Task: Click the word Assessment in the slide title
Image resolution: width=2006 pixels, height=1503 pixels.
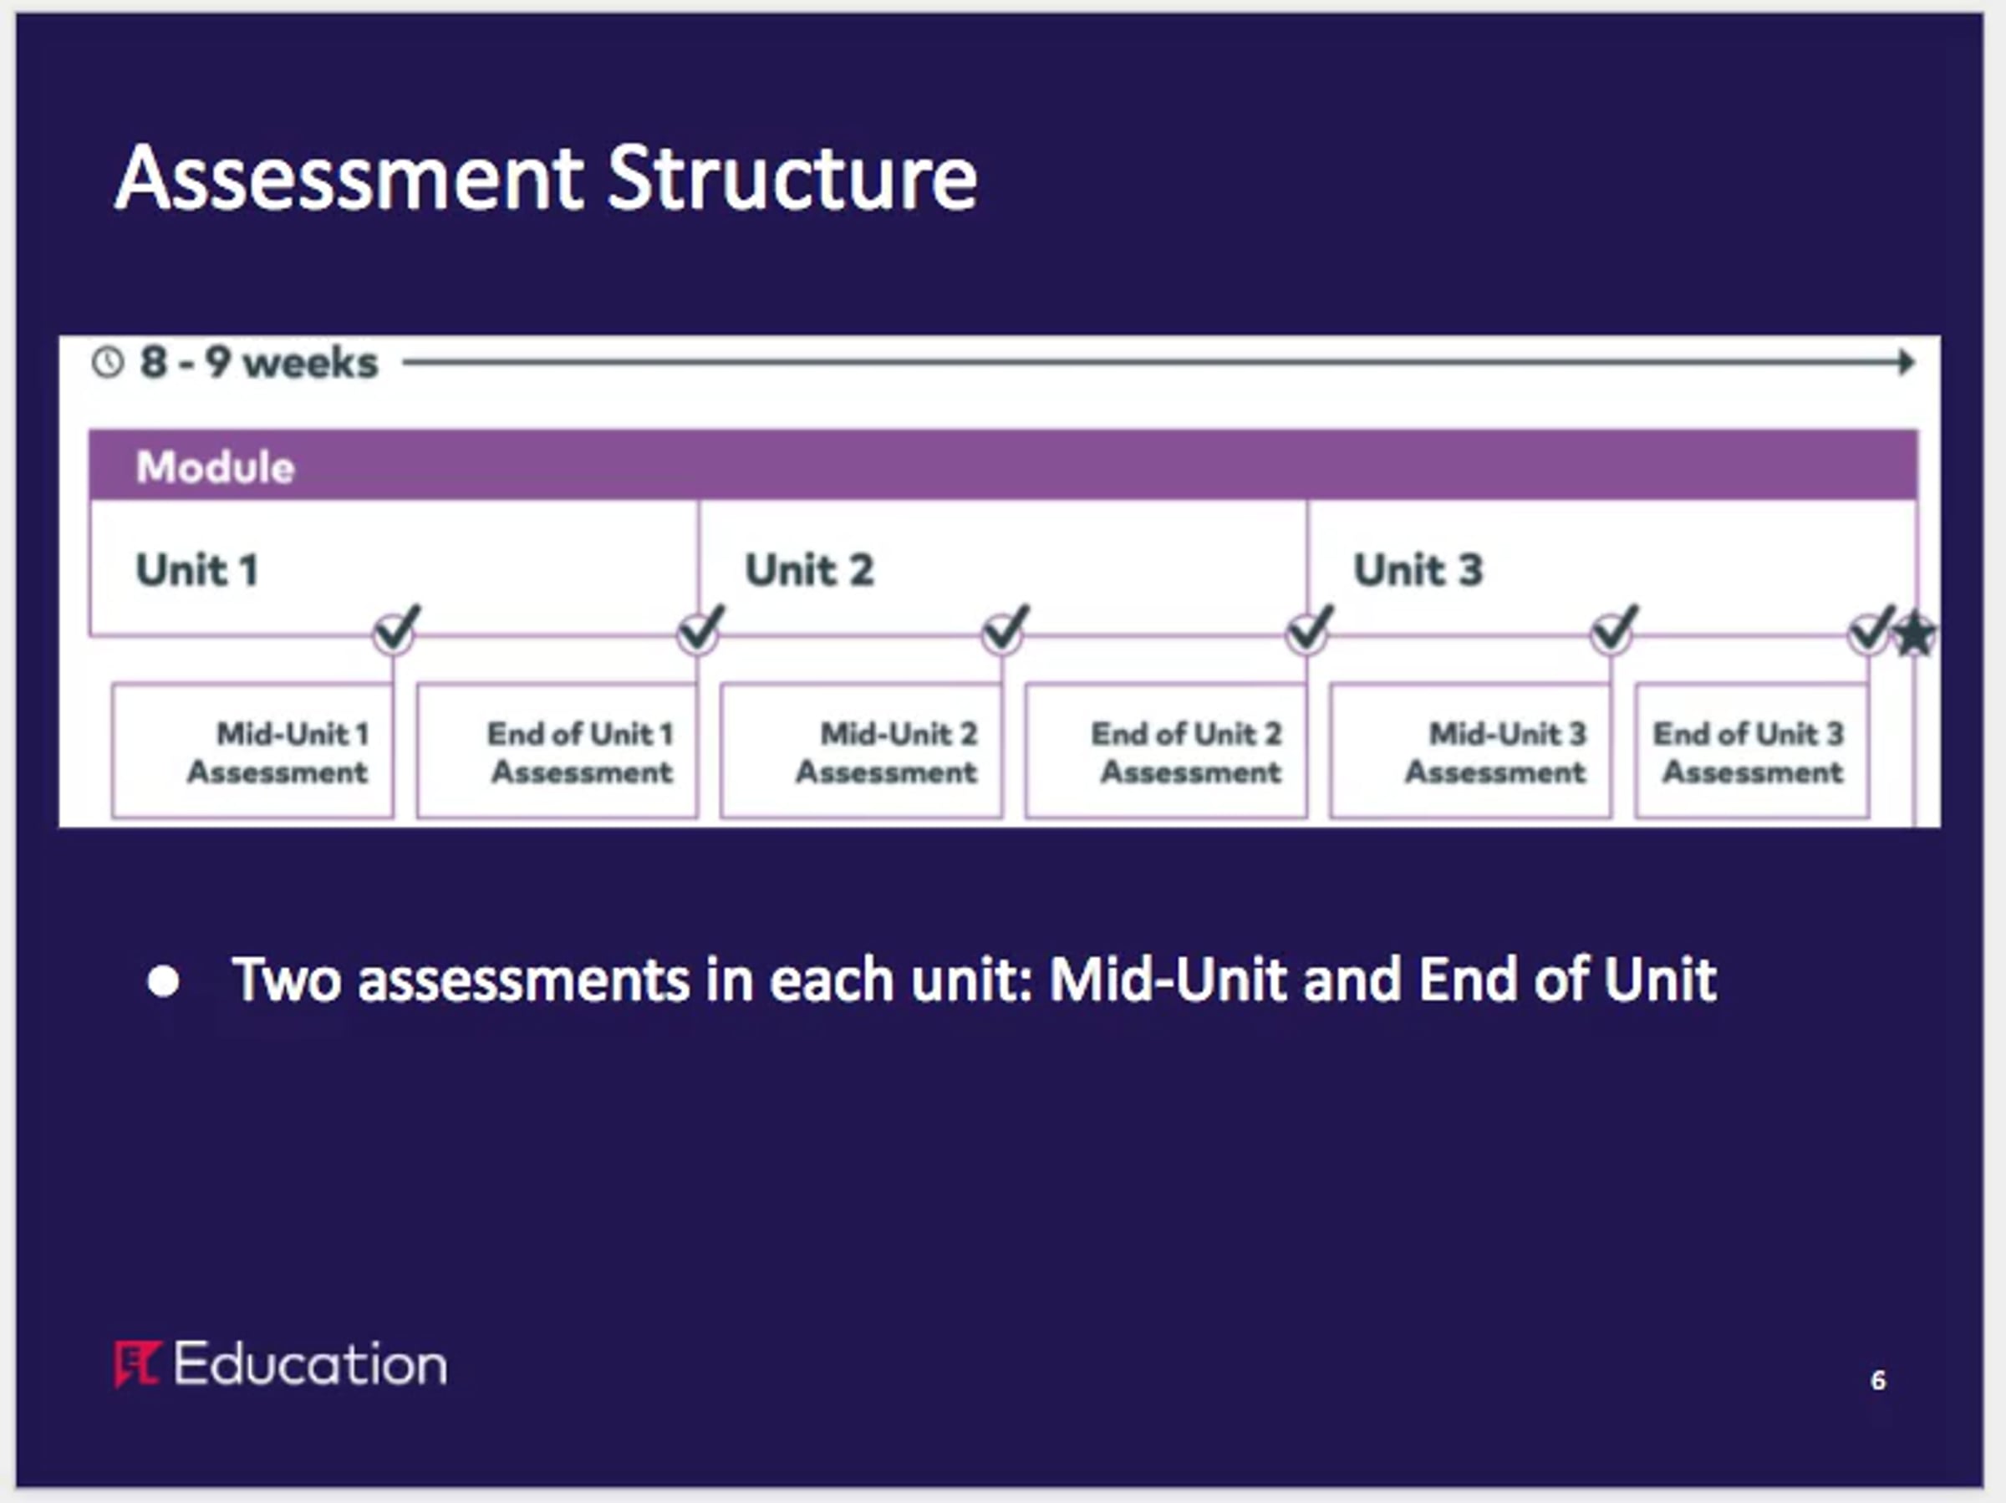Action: [350, 178]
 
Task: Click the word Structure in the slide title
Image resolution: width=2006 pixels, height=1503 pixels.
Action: [792, 178]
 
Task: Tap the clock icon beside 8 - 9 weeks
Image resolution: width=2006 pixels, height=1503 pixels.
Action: [108, 363]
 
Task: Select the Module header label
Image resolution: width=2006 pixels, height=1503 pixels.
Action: [215, 467]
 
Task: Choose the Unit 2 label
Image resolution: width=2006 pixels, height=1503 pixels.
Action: [809, 569]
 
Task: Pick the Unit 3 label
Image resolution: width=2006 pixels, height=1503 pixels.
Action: [1418, 569]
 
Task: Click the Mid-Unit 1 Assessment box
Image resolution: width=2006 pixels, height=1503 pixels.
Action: [253, 751]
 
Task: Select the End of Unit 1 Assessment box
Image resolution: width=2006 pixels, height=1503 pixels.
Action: [558, 751]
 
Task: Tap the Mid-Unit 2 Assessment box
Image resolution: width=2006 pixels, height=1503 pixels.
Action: [862, 751]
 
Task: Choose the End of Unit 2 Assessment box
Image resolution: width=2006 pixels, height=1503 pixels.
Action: [1166, 751]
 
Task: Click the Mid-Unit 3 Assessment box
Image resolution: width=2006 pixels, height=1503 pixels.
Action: [1471, 751]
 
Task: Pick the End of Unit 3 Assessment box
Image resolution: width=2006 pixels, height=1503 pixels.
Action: [1752, 751]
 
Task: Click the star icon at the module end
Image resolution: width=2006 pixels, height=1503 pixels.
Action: [1914, 634]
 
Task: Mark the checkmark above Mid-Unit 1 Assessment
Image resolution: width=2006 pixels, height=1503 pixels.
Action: [396, 628]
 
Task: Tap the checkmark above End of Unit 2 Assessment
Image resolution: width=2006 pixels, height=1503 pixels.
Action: [1310, 628]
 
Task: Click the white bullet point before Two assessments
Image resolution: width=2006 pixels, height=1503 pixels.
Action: [163, 981]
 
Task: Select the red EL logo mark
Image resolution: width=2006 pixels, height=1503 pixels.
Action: [137, 1364]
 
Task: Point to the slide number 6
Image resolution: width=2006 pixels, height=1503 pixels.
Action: [1878, 1379]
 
